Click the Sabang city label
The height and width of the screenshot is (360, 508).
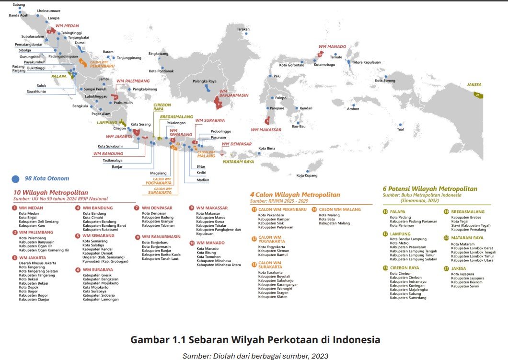coord(19,4)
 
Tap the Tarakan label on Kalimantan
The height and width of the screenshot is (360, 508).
coord(243,29)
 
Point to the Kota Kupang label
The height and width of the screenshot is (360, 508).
coord(307,175)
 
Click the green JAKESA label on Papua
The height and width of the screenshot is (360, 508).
coord(474,85)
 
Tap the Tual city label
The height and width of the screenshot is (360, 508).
coord(401,129)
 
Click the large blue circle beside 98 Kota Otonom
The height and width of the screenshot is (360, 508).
coord(16,179)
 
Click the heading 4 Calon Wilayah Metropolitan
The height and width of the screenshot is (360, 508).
coord(295,195)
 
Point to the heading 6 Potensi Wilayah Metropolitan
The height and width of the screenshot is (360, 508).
coord(430,189)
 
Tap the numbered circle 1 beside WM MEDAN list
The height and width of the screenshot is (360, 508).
coord(15,208)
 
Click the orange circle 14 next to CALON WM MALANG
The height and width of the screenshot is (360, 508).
coord(314,209)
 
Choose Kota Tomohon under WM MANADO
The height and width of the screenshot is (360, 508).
coord(208,256)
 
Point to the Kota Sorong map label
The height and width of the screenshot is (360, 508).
coord(385,81)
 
